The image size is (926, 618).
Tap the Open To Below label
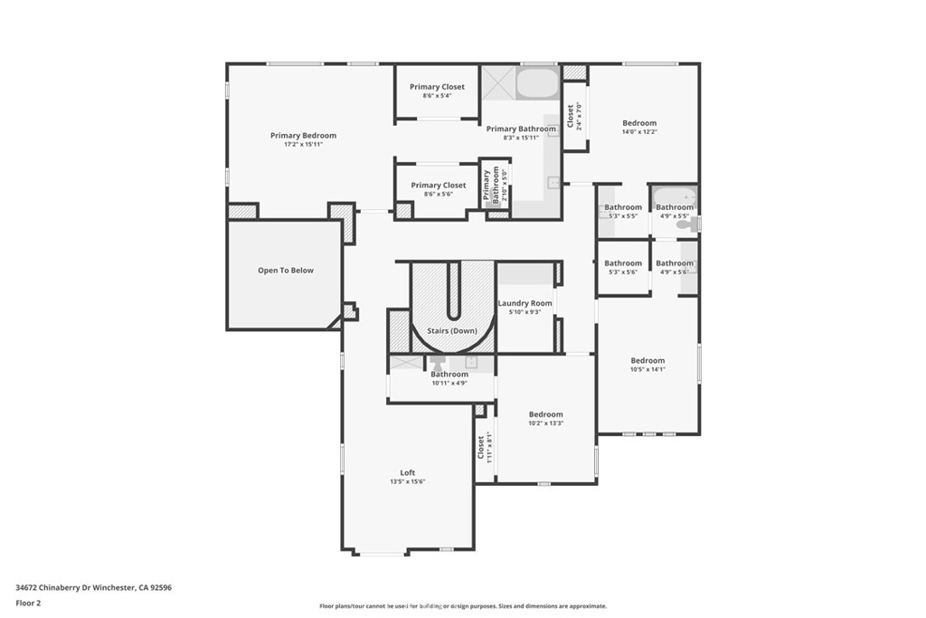tap(286, 271)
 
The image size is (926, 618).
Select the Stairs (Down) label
tap(452, 331)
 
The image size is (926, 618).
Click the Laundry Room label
tap(524, 303)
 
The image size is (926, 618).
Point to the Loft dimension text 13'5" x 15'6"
tap(408, 481)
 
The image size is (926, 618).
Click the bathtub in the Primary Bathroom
tap(537, 84)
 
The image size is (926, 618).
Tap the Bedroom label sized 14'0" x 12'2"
tap(639, 123)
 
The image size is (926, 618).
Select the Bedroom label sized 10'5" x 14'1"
tap(647, 360)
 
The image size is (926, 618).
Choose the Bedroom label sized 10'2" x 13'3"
tap(545, 414)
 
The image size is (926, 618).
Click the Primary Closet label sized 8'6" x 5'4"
tap(437, 87)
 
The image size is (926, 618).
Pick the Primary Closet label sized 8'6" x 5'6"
tap(439, 185)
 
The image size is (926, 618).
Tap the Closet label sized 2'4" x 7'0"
tap(571, 115)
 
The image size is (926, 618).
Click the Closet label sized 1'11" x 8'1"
tap(481, 446)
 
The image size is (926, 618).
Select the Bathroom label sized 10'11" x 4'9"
tap(449, 375)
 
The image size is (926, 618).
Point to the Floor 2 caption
tap(28, 603)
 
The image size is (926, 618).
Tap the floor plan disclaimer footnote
tap(462, 606)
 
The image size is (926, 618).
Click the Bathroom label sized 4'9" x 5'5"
tap(675, 207)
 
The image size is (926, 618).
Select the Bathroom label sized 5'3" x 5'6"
tap(623, 263)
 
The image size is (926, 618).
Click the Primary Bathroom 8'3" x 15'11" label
tap(521, 129)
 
